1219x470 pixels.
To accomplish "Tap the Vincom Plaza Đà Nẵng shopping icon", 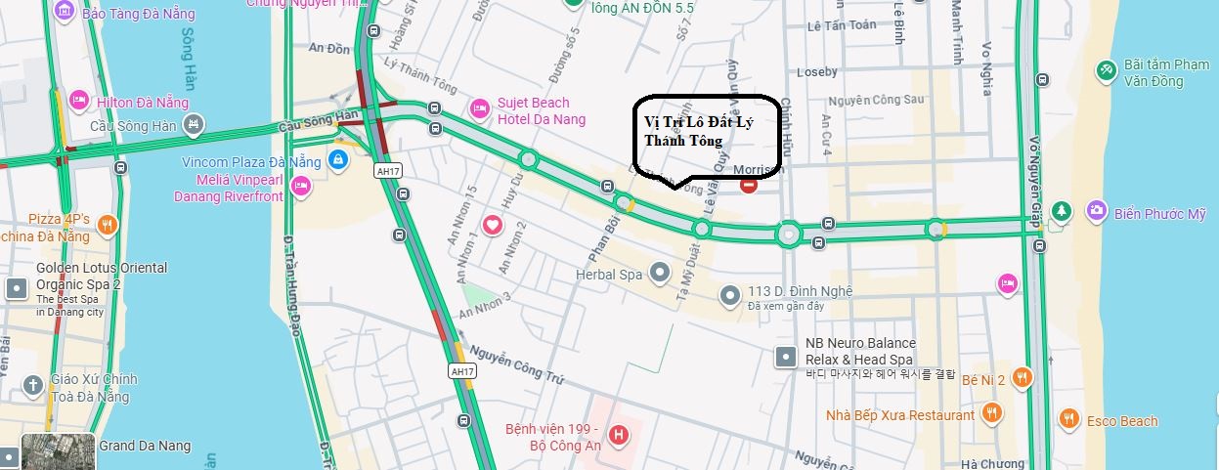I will coord(337,159).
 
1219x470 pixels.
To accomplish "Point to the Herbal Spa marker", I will coord(661,273).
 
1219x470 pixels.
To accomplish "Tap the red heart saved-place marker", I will coord(493,226).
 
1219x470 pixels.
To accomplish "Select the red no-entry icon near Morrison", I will coord(749,184).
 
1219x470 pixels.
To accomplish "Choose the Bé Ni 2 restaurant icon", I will coord(1022,377).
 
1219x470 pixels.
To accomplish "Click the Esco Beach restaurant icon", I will coord(1070,420).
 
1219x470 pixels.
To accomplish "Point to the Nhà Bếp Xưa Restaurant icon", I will coord(992,414).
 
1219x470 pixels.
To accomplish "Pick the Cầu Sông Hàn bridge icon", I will coord(194,124).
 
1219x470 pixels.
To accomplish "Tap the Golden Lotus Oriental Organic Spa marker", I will coord(17,288).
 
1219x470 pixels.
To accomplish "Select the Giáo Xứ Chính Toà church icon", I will coord(33,384).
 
